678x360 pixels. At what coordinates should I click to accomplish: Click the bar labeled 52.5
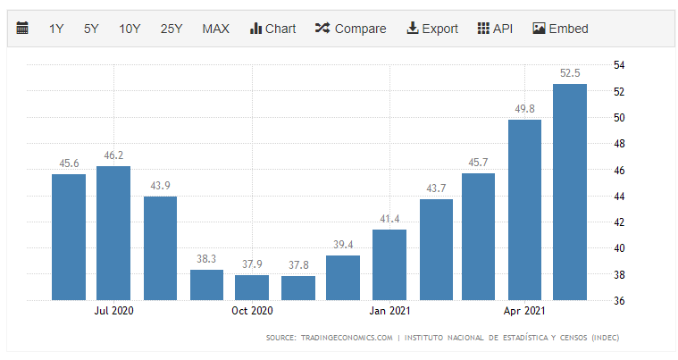[570, 192]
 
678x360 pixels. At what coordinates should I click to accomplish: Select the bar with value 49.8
[524, 210]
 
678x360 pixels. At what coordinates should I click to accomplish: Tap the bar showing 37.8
[297, 288]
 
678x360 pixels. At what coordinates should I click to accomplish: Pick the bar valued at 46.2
[113, 233]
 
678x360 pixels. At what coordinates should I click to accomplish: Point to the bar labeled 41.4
[389, 264]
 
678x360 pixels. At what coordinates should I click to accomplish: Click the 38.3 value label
[206, 259]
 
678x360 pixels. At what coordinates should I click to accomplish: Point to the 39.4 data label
[343, 245]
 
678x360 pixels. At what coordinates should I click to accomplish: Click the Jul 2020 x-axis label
[113, 311]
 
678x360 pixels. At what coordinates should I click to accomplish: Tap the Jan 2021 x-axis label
[389, 311]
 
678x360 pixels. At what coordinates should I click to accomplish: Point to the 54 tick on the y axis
[618, 65]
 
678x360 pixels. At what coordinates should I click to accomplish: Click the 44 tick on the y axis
[618, 196]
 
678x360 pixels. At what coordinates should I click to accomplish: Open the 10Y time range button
[130, 29]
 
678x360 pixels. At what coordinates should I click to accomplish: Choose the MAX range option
[215, 29]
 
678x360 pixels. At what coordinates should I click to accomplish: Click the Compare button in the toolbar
[350, 29]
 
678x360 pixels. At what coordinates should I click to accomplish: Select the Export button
[432, 29]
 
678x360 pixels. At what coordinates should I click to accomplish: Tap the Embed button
[560, 29]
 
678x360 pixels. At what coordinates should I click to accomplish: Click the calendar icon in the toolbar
[22, 29]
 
